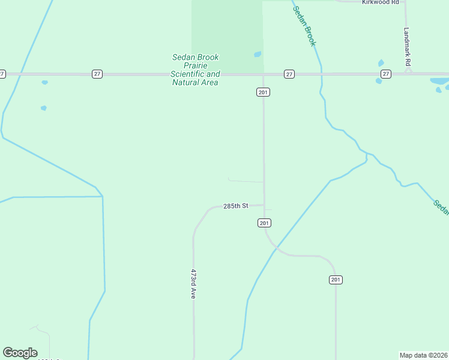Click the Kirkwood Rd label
click(x=381, y=2)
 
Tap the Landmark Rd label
click(x=407, y=46)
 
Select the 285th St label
click(x=235, y=206)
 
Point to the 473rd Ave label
click(x=193, y=284)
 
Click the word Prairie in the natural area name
click(x=196, y=65)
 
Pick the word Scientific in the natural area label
click(x=187, y=74)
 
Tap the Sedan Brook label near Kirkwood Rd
click(x=304, y=26)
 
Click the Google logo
click(x=20, y=353)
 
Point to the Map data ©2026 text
click(x=423, y=355)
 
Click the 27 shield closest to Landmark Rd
click(x=385, y=74)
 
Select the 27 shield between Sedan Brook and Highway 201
click(x=289, y=74)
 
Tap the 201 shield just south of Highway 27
click(x=263, y=92)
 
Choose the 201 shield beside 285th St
click(x=264, y=223)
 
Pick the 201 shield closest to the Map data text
click(x=336, y=280)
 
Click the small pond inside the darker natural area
click(x=258, y=54)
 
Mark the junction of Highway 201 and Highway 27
click(x=263, y=74)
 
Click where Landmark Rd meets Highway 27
click(x=408, y=73)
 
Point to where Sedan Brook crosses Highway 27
click(x=321, y=74)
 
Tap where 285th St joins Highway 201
click(x=264, y=205)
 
